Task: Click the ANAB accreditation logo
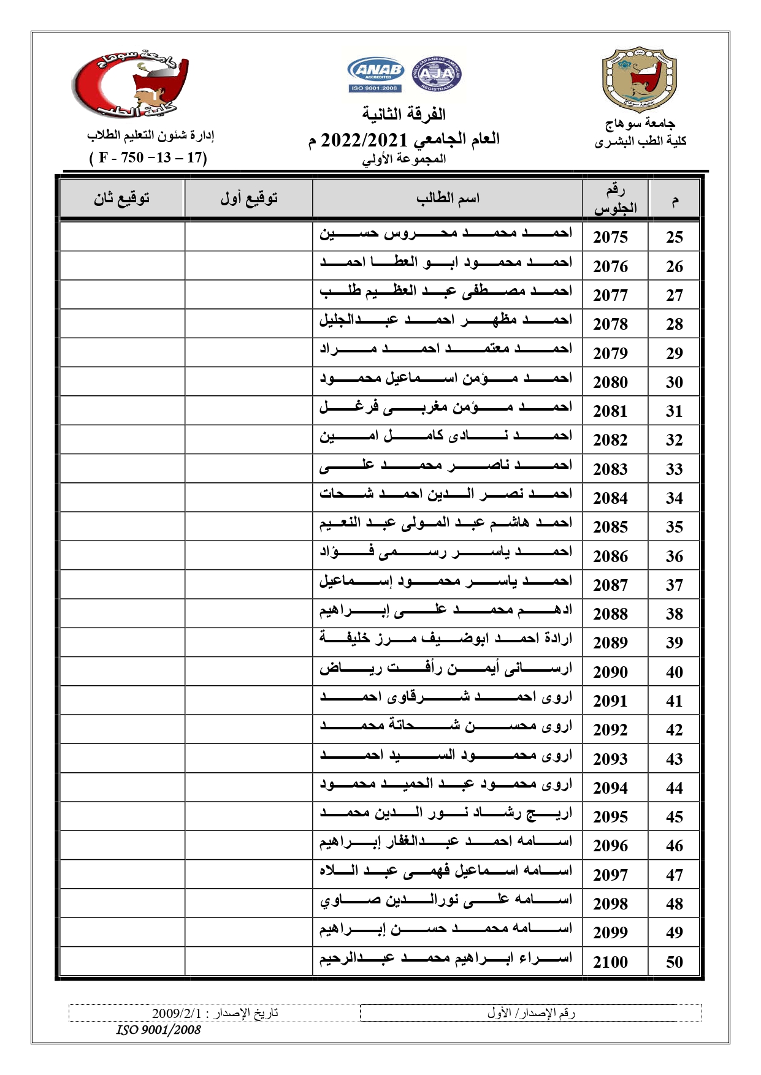pos(375,74)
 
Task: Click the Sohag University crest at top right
pos(639,80)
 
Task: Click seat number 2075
pos(610,237)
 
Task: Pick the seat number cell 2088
pos(610,614)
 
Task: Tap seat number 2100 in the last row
pos(610,962)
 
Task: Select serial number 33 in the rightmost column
pos(674,469)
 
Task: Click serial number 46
pos(674,846)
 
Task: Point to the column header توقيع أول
pos(249,199)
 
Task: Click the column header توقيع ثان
pos(121,199)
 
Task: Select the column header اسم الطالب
pos(448,199)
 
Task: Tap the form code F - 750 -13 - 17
pos(148,158)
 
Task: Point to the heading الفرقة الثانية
pos(403,115)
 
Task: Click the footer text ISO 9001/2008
pos(158,1030)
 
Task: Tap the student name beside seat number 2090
pos(446,669)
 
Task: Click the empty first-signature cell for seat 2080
pos(248,382)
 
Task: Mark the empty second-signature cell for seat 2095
pos(122,816)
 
